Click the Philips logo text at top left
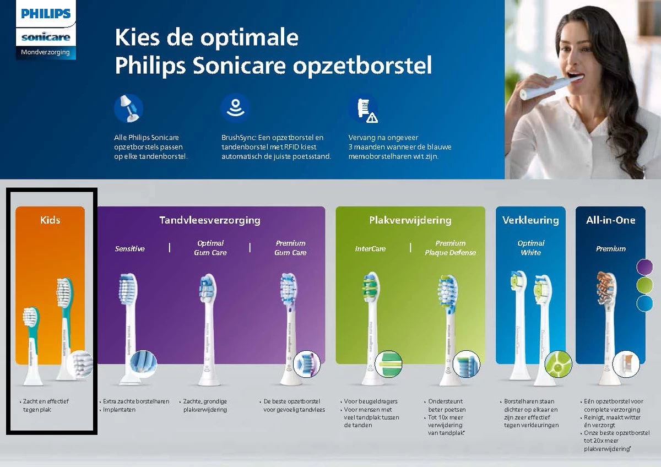[46, 13]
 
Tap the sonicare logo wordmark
[46, 37]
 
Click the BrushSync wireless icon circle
[235, 108]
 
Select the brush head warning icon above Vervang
[364, 109]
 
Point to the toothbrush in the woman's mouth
[551, 87]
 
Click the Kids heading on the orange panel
[50, 220]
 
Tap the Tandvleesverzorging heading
[210, 220]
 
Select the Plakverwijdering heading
[410, 220]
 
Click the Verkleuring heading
[530, 220]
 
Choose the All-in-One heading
[610, 220]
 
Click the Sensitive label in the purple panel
[130, 248]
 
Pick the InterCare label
[370, 248]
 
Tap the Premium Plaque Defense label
[450, 248]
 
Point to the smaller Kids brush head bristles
[30, 317]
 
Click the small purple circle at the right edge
[644, 267]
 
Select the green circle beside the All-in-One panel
[644, 285]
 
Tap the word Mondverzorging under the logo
[45, 52]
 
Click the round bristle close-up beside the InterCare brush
[388, 362]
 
